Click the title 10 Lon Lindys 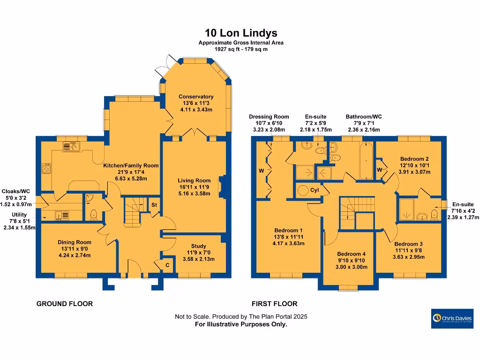pos(241,33)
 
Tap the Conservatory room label pos(196,97)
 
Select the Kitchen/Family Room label pos(131,165)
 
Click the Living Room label pos(194,180)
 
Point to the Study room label pos(198,246)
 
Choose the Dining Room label pos(74,242)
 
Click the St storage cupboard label pos(154,205)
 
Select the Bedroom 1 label pos(288,230)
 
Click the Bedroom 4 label pos(351,254)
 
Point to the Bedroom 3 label pos(408,244)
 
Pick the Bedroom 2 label pos(414,159)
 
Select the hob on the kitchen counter pos(47,167)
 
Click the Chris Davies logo pos(452,319)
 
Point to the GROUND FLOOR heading pos(65,304)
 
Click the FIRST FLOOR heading pos(274,304)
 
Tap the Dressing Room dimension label pos(269,123)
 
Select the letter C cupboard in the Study pos(168,265)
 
